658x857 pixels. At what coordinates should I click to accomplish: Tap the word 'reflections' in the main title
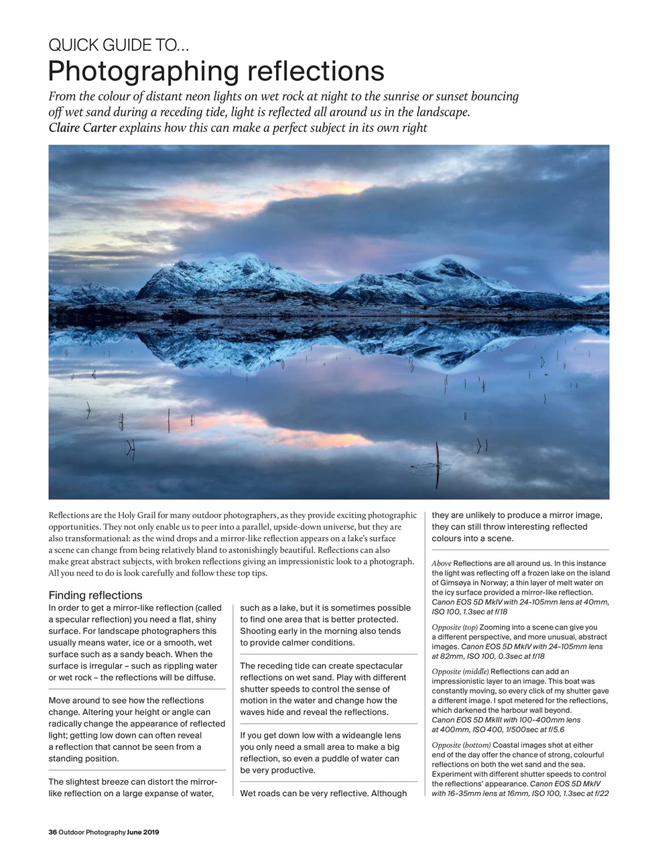[316, 71]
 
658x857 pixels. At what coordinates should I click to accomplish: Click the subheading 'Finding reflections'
[95, 595]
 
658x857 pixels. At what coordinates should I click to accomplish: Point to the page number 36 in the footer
[52, 832]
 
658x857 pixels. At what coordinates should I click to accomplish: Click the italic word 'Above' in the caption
[441, 564]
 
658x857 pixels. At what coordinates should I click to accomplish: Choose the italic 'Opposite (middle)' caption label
[460, 672]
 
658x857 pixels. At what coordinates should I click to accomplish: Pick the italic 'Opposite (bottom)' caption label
[461, 745]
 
